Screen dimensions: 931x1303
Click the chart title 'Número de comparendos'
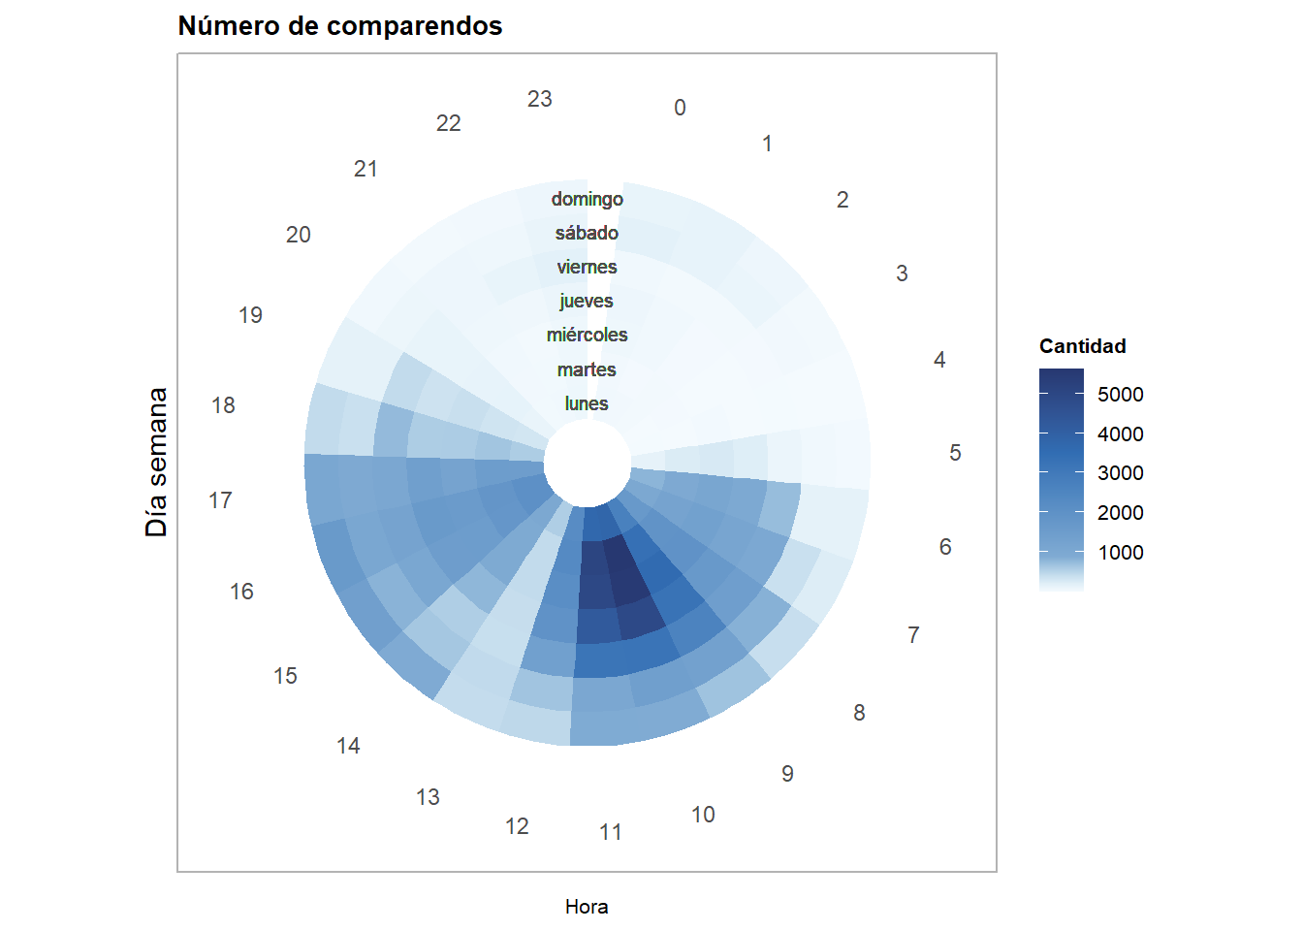point(339,26)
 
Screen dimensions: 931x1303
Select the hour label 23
point(540,99)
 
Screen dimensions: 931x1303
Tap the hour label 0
point(680,108)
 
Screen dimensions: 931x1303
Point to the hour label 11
point(611,832)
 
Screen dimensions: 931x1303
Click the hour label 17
point(220,500)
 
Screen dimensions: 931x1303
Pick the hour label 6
point(945,547)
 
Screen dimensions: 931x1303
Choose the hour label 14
point(348,746)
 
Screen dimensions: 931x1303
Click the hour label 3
point(902,273)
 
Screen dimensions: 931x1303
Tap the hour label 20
point(299,235)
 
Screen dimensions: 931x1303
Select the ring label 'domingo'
point(587,199)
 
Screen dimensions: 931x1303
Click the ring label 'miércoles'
point(587,335)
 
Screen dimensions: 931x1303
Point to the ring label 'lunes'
point(587,403)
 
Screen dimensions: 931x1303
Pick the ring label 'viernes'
point(587,267)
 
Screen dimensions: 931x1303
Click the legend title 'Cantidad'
point(1082,346)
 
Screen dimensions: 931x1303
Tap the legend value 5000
point(1120,395)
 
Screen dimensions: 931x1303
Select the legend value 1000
point(1120,553)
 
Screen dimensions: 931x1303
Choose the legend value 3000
point(1120,473)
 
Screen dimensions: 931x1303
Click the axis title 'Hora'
point(587,907)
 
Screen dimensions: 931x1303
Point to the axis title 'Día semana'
point(157,463)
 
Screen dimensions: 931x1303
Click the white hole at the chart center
point(587,463)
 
